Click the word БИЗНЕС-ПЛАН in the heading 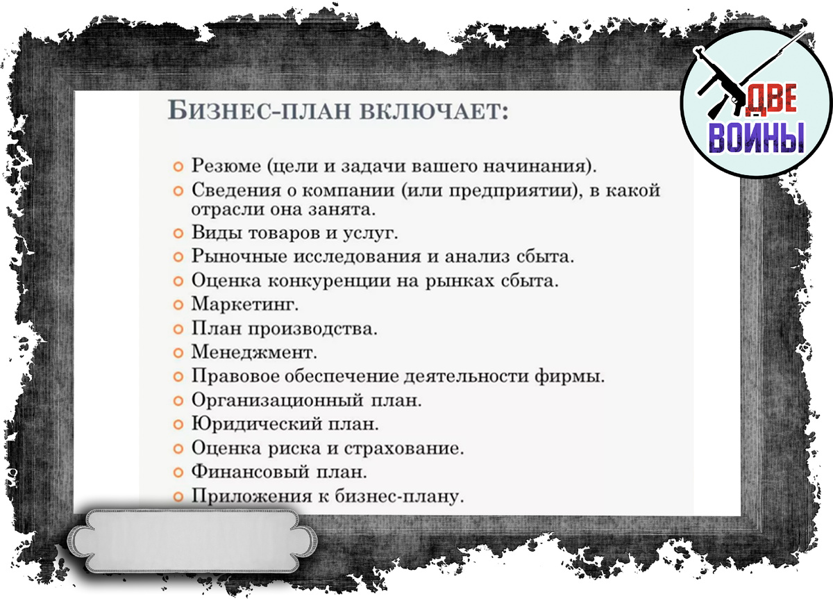(x=259, y=110)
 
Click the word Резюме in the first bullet (x=226, y=165)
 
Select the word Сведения (x=236, y=190)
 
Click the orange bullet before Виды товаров (x=178, y=233)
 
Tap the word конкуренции (x=329, y=280)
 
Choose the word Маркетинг (x=244, y=304)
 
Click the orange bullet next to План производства (x=178, y=329)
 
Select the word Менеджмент (x=254, y=352)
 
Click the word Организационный (x=278, y=400)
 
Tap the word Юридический (x=257, y=425)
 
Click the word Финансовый (x=251, y=473)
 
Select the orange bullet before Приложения (x=178, y=497)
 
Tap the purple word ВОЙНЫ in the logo (x=756, y=138)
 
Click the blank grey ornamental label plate (x=192, y=541)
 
